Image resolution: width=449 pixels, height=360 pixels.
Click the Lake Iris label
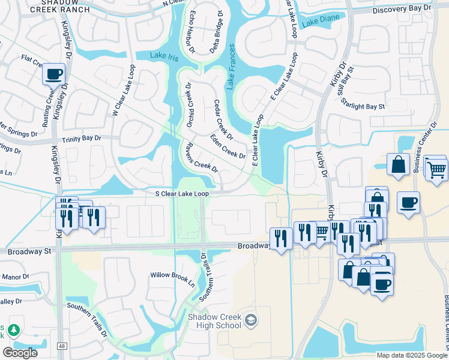pyautogui.click(x=164, y=56)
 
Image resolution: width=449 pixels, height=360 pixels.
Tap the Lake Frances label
pyautogui.click(x=231, y=70)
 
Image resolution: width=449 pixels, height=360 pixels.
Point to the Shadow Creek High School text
pyautogui.click(x=214, y=321)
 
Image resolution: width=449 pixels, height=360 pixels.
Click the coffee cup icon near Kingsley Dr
pyautogui.click(x=54, y=74)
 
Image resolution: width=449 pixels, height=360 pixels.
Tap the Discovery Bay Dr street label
pyautogui.click(x=401, y=10)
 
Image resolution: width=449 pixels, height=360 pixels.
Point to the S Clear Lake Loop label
pyautogui.click(x=182, y=194)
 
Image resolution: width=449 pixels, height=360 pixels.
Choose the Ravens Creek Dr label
pyautogui.click(x=201, y=158)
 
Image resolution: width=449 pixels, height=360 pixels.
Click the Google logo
pyautogui.click(x=20, y=353)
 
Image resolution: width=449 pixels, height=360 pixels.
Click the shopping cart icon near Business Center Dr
pyautogui.click(x=436, y=169)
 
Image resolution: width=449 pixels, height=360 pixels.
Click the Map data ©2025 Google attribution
pyautogui.click(x=411, y=355)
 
